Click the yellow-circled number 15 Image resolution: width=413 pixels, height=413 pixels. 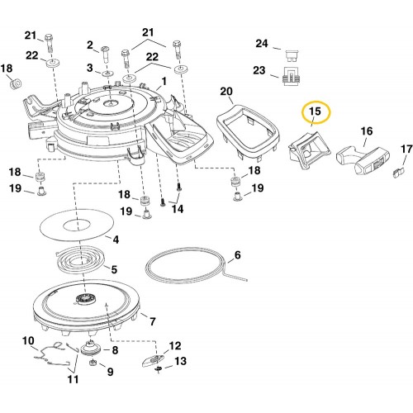click(316, 112)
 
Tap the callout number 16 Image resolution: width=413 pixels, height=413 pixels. click(367, 131)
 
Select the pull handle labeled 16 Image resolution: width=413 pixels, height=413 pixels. click(363, 161)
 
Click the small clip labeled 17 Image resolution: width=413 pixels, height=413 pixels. click(397, 173)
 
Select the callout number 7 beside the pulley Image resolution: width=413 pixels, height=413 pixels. click(153, 321)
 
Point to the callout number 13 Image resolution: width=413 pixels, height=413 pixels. click(180, 361)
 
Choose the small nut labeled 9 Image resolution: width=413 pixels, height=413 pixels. click(93, 363)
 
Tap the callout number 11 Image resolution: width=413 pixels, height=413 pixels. click(73, 379)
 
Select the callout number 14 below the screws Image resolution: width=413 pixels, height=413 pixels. click(178, 209)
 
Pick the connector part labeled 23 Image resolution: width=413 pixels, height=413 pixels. click(292, 76)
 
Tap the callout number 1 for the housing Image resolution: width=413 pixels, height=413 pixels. click(164, 81)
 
